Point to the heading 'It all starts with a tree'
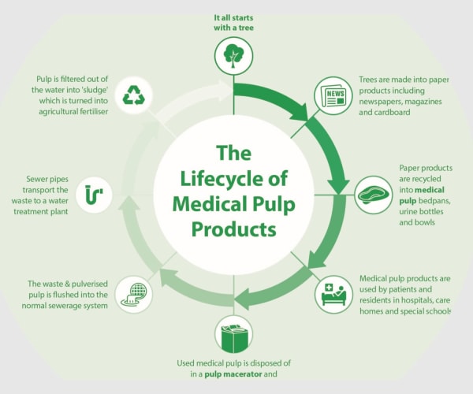[x=233, y=23]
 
